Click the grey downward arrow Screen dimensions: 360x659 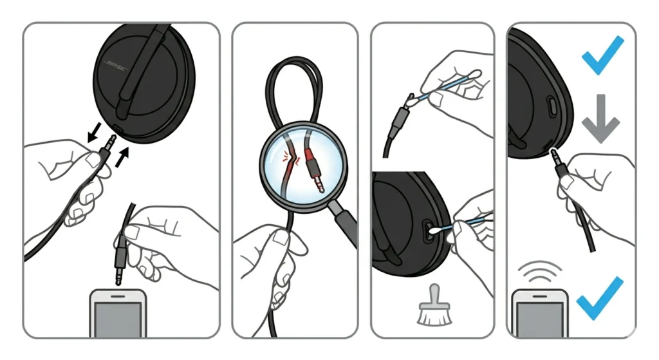point(600,118)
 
